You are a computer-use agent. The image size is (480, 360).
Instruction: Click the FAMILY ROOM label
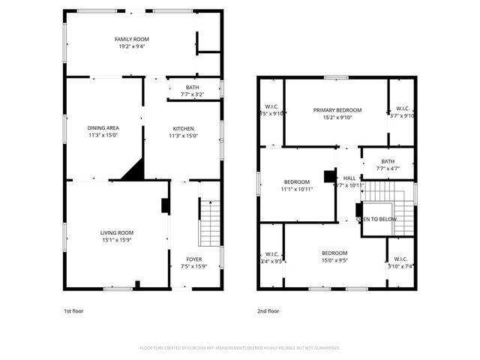click(131, 39)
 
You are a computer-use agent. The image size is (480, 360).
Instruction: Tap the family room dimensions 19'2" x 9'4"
click(131, 46)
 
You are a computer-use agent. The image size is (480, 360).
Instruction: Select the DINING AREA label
click(103, 128)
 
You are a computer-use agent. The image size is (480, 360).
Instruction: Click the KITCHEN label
click(184, 128)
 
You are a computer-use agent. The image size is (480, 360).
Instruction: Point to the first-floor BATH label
click(193, 88)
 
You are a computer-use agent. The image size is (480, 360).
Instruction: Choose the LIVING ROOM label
click(116, 232)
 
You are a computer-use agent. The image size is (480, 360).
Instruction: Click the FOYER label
click(193, 259)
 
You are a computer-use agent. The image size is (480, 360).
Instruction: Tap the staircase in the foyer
click(210, 223)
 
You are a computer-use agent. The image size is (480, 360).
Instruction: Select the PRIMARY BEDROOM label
click(337, 109)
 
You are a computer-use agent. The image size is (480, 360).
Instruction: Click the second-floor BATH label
click(387, 161)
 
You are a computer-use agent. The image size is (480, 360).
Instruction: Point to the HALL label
click(349, 178)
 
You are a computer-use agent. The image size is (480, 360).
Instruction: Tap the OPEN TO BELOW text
click(376, 219)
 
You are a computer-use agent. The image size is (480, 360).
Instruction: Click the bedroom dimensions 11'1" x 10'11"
click(298, 189)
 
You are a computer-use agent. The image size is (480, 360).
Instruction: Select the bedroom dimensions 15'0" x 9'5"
click(334, 260)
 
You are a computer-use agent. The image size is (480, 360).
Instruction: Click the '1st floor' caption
click(73, 310)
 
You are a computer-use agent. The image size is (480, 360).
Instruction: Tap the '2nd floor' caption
click(268, 310)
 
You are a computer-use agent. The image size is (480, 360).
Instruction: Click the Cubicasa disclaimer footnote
click(240, 348)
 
